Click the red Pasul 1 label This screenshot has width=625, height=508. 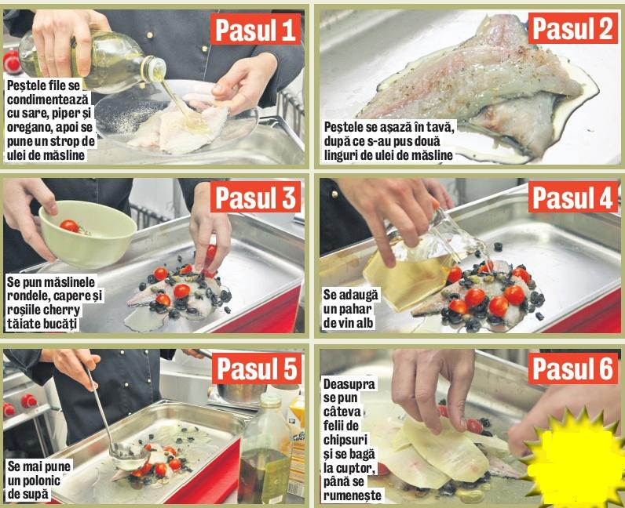(255, 29)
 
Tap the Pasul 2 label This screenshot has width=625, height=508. (572, 28)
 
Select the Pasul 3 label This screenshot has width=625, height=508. (255, 197)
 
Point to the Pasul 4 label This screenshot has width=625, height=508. (572, 197)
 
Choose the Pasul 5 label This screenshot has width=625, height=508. (257, 368)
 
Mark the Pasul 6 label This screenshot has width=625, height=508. (572, 368)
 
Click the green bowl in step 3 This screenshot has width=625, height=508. (88, 234)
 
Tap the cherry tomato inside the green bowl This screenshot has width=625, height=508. (69, 226)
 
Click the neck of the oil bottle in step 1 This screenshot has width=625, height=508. (153, 69)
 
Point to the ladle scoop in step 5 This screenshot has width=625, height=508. (129, 455)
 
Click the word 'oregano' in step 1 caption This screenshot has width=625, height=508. (29, 128)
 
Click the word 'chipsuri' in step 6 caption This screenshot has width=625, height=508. (345, 440)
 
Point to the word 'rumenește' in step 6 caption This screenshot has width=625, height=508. (352, 496)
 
